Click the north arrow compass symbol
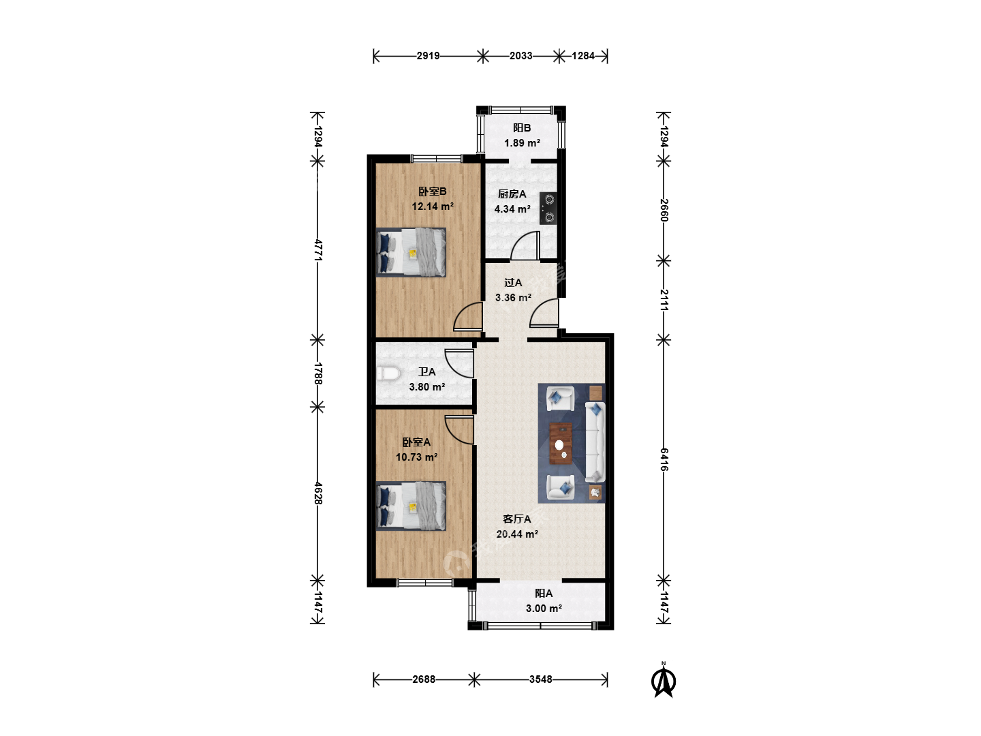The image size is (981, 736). click(664, 681)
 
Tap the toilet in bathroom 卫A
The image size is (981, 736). click(388, 373)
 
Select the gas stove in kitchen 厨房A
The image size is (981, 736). click(548, 209)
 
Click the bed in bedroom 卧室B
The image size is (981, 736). click(411, 252)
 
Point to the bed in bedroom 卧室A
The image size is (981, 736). click(411, 506)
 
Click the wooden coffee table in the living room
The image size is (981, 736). click(561, 444)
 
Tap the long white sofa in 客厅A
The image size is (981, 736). click(595, 442)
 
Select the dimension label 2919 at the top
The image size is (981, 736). click(428, 56)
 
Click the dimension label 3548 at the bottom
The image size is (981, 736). click(541, 679)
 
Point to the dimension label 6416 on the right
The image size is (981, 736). click(664, 459)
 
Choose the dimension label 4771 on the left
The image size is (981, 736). click(317, 250)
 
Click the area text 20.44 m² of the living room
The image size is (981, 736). click(517, 534)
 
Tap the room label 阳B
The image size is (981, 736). click(522, 128)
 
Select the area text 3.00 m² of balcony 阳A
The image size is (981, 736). click(544, 608)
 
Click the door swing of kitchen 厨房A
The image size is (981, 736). click(525, 245)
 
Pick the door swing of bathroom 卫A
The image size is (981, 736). click(459, 363)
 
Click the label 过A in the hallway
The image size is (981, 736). click(513, 282)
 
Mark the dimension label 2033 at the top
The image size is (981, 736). click(521, 56)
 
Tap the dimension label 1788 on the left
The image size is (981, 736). click(317, 373)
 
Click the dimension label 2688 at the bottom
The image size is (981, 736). click(424, 679)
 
